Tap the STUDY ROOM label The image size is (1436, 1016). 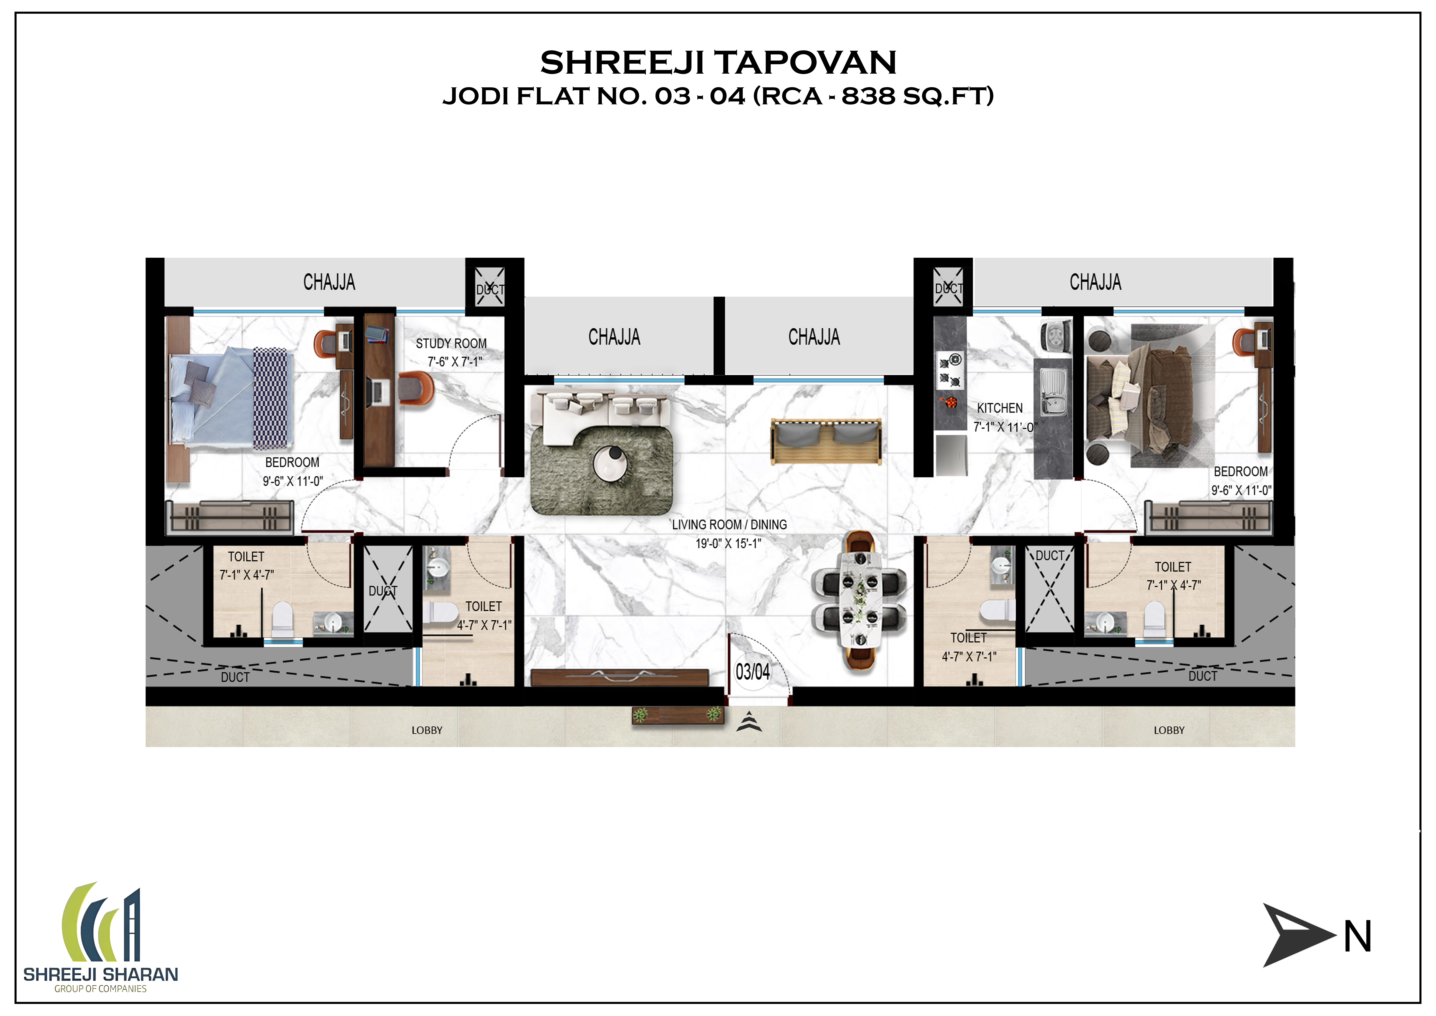(451, 343)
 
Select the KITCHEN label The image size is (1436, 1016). (999, 408)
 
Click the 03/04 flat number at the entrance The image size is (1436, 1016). (752, 672)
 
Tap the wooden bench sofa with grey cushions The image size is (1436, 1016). (826, 441)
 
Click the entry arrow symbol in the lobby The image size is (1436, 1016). (749, 722)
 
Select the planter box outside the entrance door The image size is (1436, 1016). (677, 714)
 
